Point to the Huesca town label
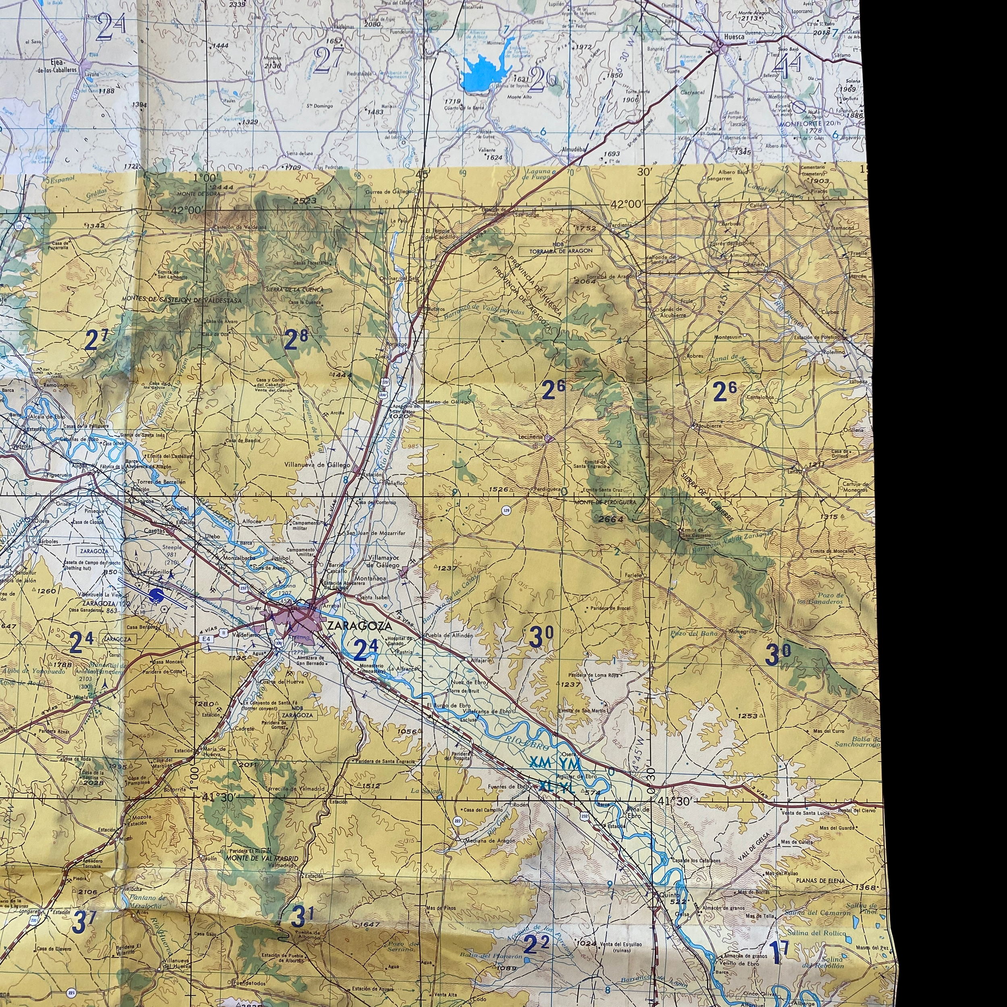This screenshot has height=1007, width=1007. [x=733, y=37]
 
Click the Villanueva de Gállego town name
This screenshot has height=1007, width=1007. [x=317, y=464]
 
